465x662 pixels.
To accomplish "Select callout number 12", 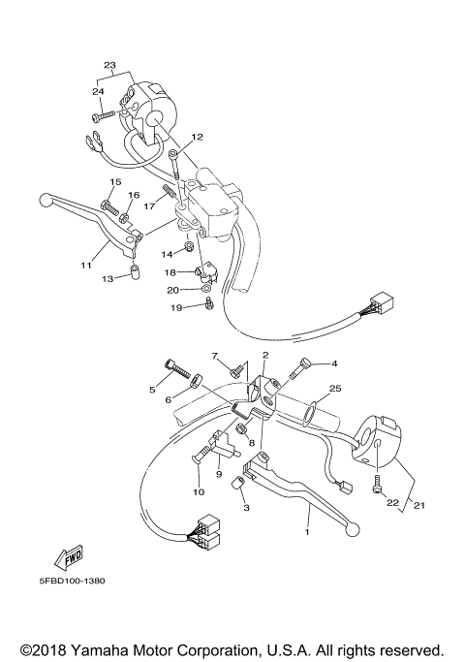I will (x=197, y=137).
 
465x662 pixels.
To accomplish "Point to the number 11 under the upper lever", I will (x=87, y=264).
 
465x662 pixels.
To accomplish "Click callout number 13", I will (x=108, y=278).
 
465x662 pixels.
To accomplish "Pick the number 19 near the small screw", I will (x=176, y=307).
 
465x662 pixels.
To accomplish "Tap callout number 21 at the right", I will (x=419, y=504).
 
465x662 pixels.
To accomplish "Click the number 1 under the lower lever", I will (x=308, y=532).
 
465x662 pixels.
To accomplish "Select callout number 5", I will (x=152, y=389).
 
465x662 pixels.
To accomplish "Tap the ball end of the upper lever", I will (x=45, y=201).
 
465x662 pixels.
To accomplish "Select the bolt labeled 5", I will (x=174, y=369).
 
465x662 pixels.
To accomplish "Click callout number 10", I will (x=198, y=491).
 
